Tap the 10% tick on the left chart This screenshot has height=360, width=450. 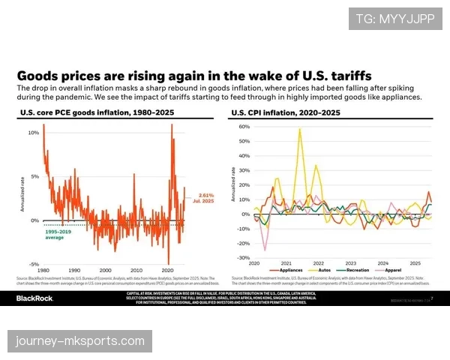tap(33, 133)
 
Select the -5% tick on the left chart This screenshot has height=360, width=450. tap(33, 264)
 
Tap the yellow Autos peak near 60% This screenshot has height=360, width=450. tap(300, 129)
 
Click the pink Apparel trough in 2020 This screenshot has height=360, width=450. tap(264, 250)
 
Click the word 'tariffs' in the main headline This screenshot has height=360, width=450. tap(344, 76)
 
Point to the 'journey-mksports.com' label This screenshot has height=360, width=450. tap(80, 341)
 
